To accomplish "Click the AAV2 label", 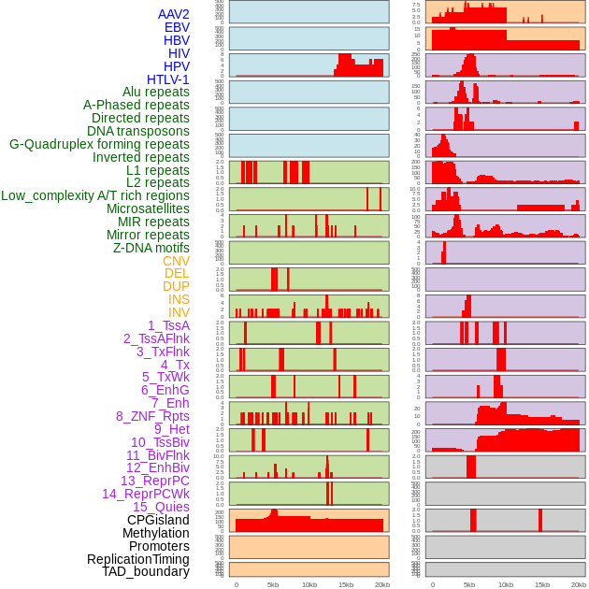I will (x=174, y=14).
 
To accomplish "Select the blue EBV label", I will (x=177, y=27).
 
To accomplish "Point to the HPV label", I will (x=176, y=66).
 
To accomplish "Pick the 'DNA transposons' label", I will (x=137, y=131).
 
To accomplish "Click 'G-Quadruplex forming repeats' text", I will (x=99, y=144).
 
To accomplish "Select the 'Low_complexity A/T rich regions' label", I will (x=94, y=195).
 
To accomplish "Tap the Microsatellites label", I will (x=148, y=208).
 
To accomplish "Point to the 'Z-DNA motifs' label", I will (x=151, y=248).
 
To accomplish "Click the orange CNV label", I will (x=176, y=261).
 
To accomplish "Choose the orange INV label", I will (x=179, y=312).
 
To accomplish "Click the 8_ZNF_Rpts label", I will (x=152, y=416).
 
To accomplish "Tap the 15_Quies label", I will (x=160, y=507).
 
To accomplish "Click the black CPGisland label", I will (x=158, y=520).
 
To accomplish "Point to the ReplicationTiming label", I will (x=137, y=559).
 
